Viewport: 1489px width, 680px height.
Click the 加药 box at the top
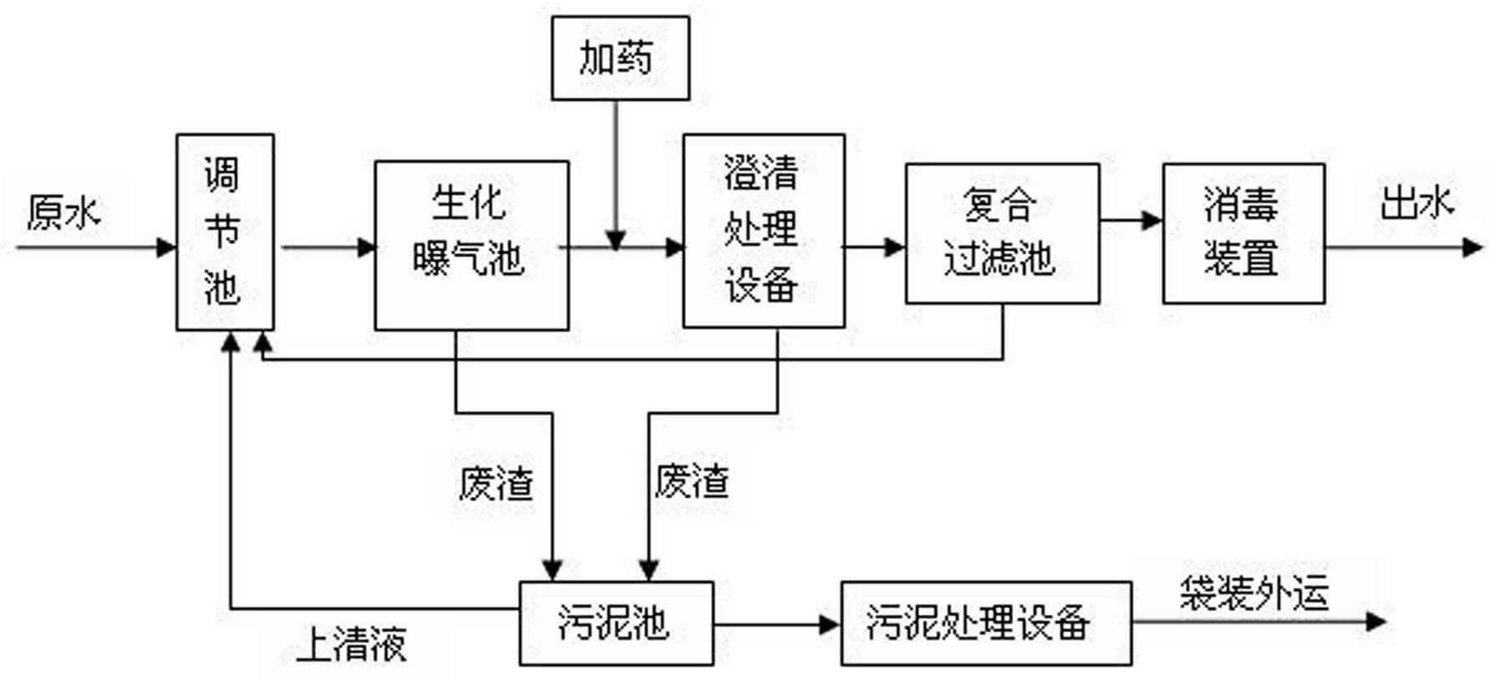(620, 58)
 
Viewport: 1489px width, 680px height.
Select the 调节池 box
(225, 232)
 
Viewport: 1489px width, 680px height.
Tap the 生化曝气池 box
(471, 246)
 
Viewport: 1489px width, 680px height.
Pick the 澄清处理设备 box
(763, 231)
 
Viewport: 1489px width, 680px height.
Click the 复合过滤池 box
(1002, 233)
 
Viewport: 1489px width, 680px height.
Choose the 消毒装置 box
(1243, 233)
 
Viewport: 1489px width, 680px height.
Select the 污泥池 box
(616, 623)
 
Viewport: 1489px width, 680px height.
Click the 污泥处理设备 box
(986, 623)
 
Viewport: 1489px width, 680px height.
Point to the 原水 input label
(64, 212)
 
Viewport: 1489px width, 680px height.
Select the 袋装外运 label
(1253, 594)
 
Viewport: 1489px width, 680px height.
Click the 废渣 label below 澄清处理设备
(691, 482)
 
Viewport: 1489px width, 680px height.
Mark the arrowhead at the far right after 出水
(1472, 247)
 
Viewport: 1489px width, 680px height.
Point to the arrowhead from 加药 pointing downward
(616, 240)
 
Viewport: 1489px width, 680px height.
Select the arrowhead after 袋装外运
(1375, 622)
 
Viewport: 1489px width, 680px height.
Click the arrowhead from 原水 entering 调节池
(166, 247)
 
